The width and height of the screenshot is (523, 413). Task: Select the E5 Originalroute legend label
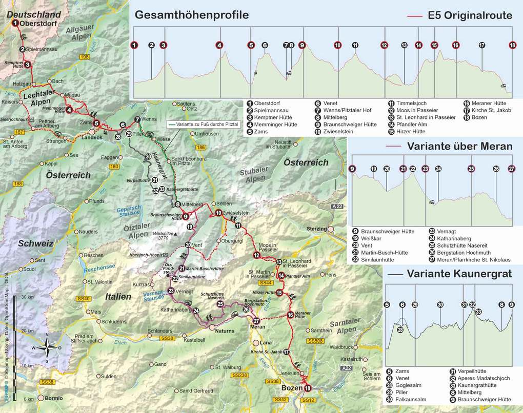470,15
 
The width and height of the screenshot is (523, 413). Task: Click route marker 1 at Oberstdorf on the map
15,23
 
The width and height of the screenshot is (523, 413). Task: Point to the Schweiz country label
35,244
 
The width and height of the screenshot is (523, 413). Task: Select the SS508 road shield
314,341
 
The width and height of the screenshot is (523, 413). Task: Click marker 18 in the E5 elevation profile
512,45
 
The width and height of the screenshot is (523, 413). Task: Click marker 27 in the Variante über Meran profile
511,168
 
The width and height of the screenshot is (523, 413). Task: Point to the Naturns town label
224,331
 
